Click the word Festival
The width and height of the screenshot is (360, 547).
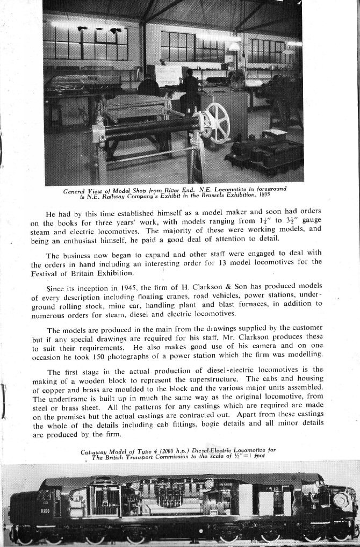(x=46, y=272)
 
